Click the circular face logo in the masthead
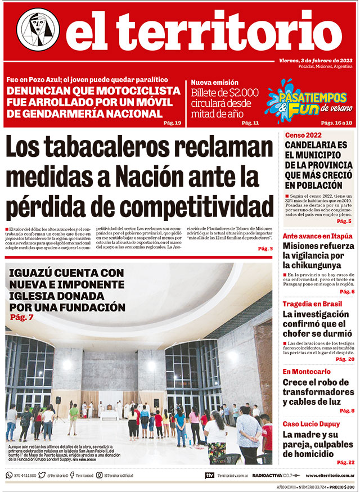[x=38, y=30]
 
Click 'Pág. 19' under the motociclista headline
[x=172, y=123]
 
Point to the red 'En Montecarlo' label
[x=306, y=372]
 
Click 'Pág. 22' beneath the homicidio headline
[x=345, y=462]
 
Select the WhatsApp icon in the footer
[x=9, y=475]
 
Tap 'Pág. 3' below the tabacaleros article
[x=265, y=249]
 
